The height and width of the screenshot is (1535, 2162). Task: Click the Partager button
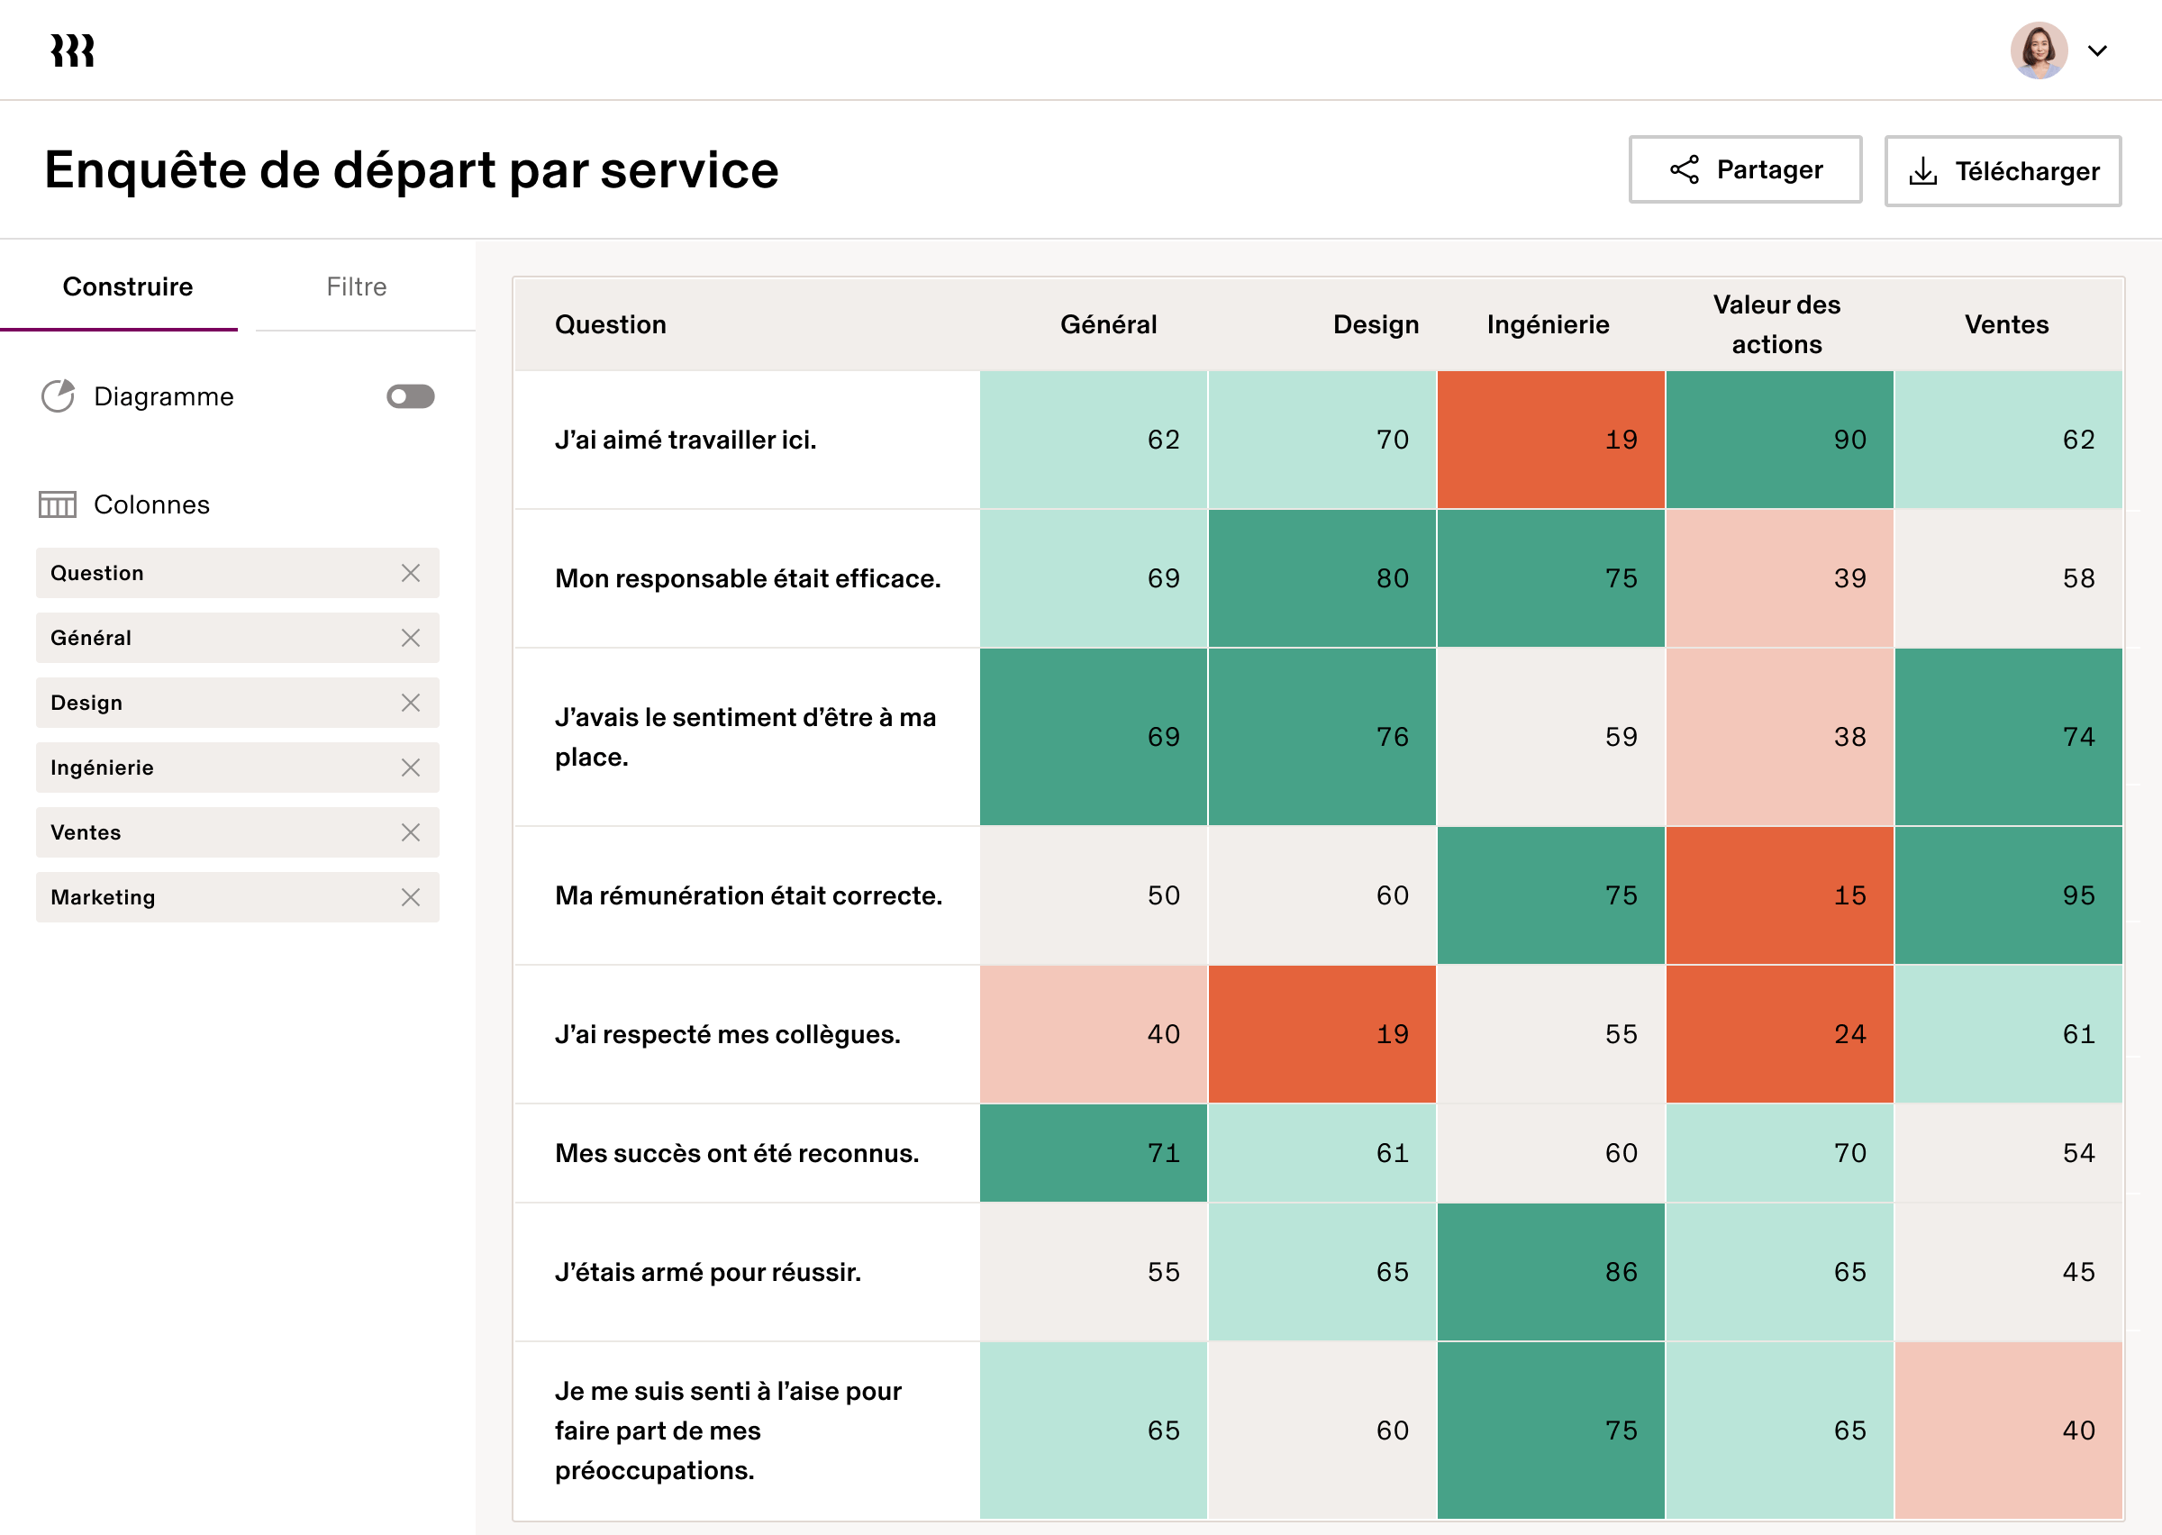(1744, 169)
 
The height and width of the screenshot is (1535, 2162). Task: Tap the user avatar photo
(2039, 50)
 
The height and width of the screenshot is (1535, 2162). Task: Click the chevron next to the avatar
(2097, 51)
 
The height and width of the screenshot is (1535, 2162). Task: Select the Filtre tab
(356, 286)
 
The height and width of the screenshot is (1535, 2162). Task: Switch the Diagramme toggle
(410, 396)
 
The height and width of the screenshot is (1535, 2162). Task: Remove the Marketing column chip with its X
(410, 897)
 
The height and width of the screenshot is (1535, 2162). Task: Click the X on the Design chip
(410, 703)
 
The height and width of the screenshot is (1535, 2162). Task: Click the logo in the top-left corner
(73, 50)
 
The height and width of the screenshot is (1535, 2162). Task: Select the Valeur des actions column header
(1776, 324)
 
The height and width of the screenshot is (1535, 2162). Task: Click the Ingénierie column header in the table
(1547, 324)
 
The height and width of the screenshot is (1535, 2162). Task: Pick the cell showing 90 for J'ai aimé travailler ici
(1779, 440)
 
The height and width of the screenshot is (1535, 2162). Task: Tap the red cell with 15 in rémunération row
(1779, 895)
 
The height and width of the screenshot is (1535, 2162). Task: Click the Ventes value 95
(2008, 895)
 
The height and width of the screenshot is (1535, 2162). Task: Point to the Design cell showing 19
(1321, 1034)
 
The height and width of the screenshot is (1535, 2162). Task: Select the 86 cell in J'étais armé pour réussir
(1550, 1271)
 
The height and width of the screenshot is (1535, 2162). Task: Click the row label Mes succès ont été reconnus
(736, 1153)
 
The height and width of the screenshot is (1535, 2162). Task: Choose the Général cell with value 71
(1094, 1153)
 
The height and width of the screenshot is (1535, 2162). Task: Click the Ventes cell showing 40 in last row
(2008, 1431)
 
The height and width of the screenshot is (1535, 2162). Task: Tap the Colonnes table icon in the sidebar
(58, 504)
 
